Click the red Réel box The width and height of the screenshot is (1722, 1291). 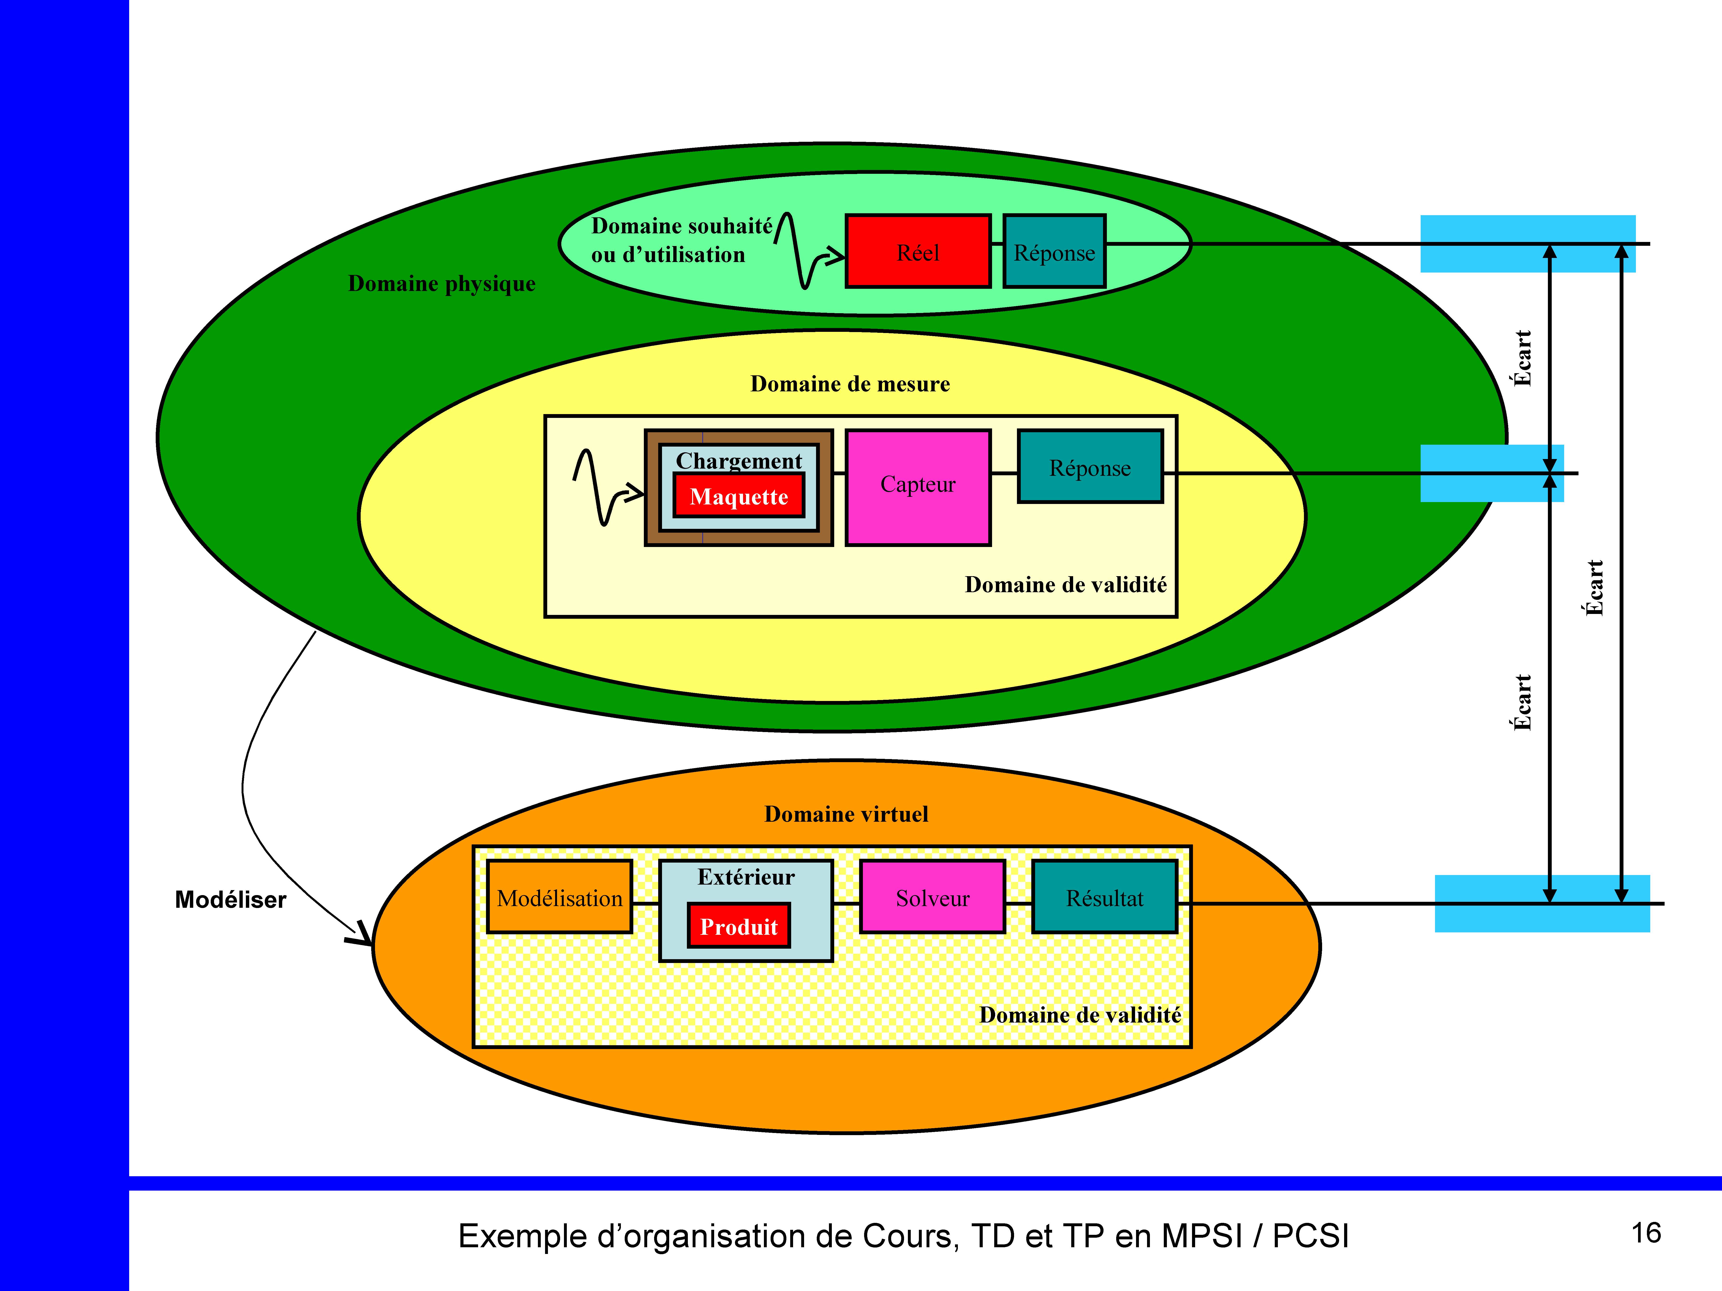(x=918, y=251)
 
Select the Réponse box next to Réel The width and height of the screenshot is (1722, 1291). (x=1054, y=251)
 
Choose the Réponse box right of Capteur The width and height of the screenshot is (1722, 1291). (x=1090, y=467)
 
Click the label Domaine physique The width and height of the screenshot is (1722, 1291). (x=442, y=283)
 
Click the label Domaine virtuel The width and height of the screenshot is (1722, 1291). (x=846, y=814)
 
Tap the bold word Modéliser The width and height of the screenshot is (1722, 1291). (x=230, y=900)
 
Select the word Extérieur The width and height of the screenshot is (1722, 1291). (x=746, y=877)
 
